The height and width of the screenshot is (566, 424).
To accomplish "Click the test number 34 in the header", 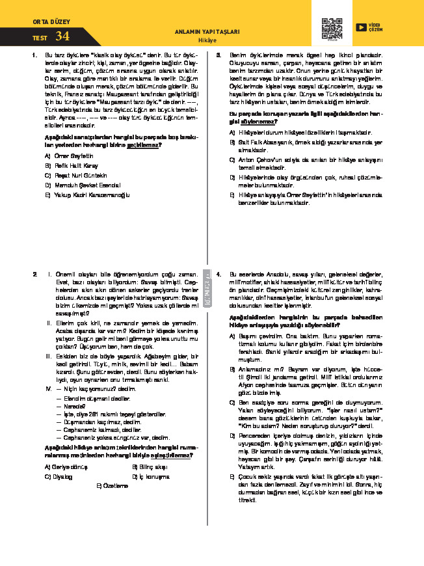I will [62, 36].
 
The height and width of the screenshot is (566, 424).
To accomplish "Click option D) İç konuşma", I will [154, 476].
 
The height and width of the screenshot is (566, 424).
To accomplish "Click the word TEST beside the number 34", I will [40, 38].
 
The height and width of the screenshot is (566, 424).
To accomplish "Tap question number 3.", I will [219, 55].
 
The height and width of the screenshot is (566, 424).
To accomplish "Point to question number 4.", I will [219, 274].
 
